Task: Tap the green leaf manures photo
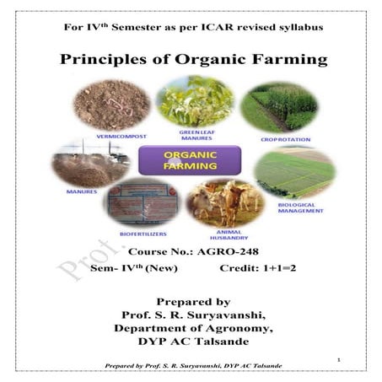(x=194, y=101)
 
